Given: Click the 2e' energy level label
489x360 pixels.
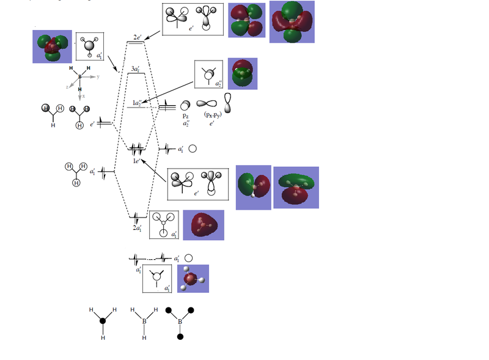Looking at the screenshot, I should [139, 37].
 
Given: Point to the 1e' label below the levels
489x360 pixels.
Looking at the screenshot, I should [138, 161].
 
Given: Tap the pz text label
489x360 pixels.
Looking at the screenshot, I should [186, 116].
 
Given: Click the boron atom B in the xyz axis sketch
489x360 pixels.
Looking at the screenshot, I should [79, 76].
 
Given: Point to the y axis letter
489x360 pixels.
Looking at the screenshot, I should [97, 77].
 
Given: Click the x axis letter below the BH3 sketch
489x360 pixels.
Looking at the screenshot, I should [83, 97].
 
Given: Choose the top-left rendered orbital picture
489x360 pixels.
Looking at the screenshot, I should [52, 46].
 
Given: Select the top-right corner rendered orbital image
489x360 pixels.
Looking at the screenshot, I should [292, 21].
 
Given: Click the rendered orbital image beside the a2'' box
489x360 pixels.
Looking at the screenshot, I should [242, 74].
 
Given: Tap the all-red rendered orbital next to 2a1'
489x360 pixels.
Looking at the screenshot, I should [204, 226].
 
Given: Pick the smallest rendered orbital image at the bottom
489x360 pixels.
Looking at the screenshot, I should [193, 279].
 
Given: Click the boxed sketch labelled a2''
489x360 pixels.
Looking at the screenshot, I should [208, 76].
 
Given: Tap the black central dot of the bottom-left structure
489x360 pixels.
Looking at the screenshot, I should [103, 321].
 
